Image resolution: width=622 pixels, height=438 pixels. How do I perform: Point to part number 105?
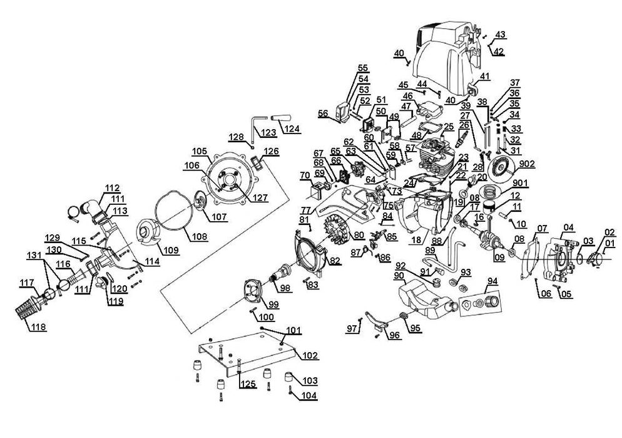pyautogui.click(x=199, y=151)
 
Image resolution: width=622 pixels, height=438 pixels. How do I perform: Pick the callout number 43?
pyautogui.click(x=500, y=34)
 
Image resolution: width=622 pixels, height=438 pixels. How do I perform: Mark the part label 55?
pyautogui.click(x=363, y=68)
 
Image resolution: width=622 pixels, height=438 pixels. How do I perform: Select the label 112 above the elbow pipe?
pyautogui.click(x=112, y=187)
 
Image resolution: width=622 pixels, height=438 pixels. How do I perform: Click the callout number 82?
pyautogui.click(x=335, y=261)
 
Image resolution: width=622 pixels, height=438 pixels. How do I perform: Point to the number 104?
pyautogui.click(x=308, y=395)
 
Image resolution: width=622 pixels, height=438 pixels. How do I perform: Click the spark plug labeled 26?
pyautogui.click(x=464, y=133)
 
